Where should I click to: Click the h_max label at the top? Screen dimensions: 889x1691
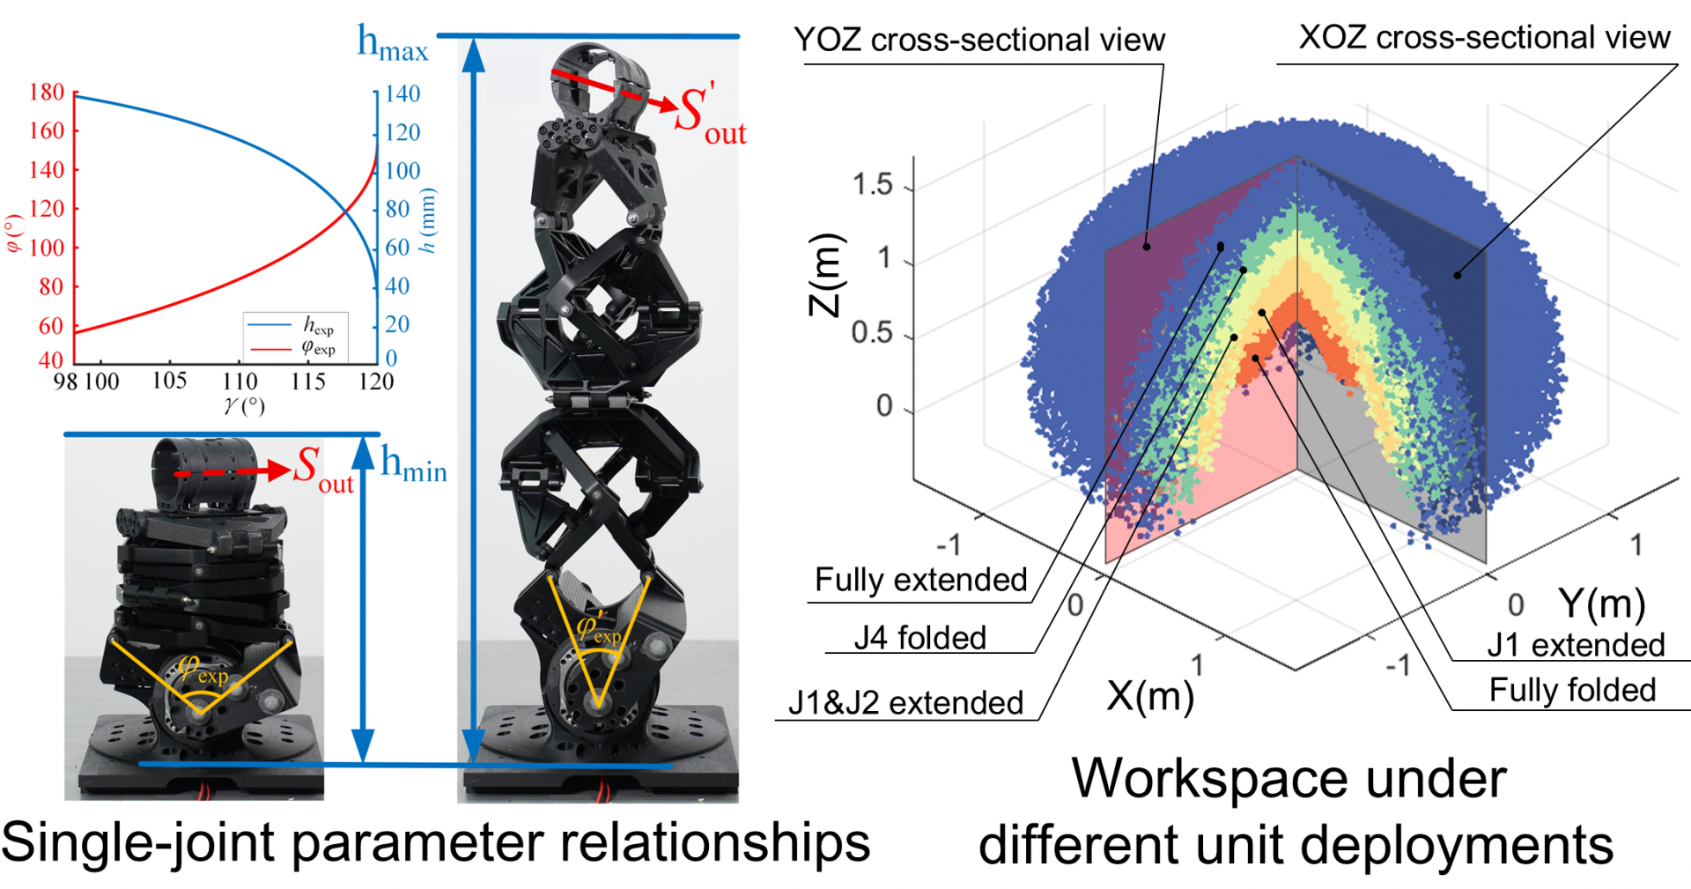click(x=392, y=44)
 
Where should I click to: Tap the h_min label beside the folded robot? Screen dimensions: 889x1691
click(x=413, y=464)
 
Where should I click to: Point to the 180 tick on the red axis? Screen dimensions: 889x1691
click(x=47, y=93)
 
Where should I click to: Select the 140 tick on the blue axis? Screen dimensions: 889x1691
click(x=402, y=94)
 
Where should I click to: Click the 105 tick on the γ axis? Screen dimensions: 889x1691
click(x=169, y=381)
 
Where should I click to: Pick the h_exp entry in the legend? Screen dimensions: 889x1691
click(x=318, y=326)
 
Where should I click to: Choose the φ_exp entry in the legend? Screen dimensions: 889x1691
click(x=318, y=348)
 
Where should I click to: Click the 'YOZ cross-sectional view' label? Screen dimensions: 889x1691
click(x=978, y=41)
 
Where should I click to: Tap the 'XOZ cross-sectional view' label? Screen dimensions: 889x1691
click(x=1484, y=38)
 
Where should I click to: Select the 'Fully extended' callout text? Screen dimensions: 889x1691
click(x=920, y=580)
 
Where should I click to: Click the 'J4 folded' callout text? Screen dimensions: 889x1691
click(x=919, y=638)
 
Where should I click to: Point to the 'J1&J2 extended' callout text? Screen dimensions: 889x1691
click(x=905, y=703)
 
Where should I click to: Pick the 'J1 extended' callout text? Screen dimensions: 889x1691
click(x=1576, y=645)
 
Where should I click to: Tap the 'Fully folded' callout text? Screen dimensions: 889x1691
click(x=1572, y=690)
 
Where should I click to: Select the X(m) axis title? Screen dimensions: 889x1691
click(x=1149, y=697)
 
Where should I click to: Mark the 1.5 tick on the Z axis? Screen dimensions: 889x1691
click(x=872, y=185)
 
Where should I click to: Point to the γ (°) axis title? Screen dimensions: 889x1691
click(x=244, y=406)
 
